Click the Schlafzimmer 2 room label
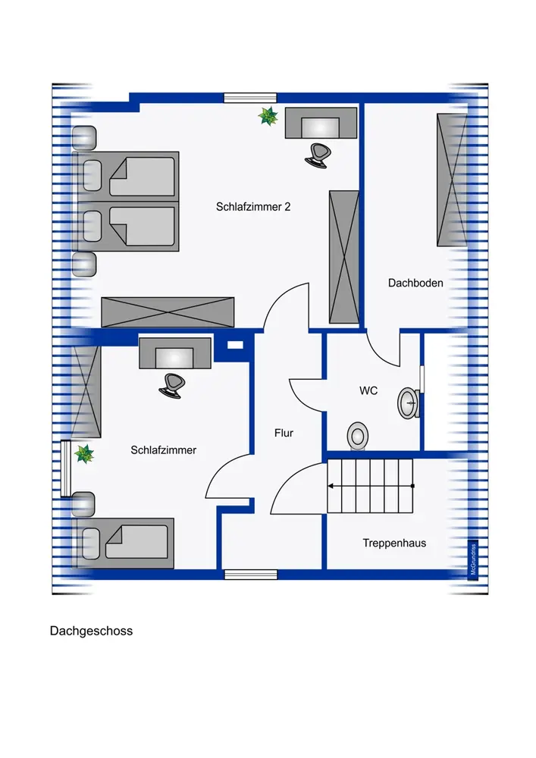(253, 206)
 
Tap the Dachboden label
(415, 283)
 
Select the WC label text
(368, 392)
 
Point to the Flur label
(284, 434)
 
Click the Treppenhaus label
(394, 543)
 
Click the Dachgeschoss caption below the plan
(91, 631)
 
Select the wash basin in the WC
(408, 402)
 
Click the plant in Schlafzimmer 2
(268, 117)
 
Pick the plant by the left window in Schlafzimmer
(84, 454)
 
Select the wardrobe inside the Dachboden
(450, 180)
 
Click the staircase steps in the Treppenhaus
(369, 484)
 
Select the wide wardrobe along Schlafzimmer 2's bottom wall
(168, 312)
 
